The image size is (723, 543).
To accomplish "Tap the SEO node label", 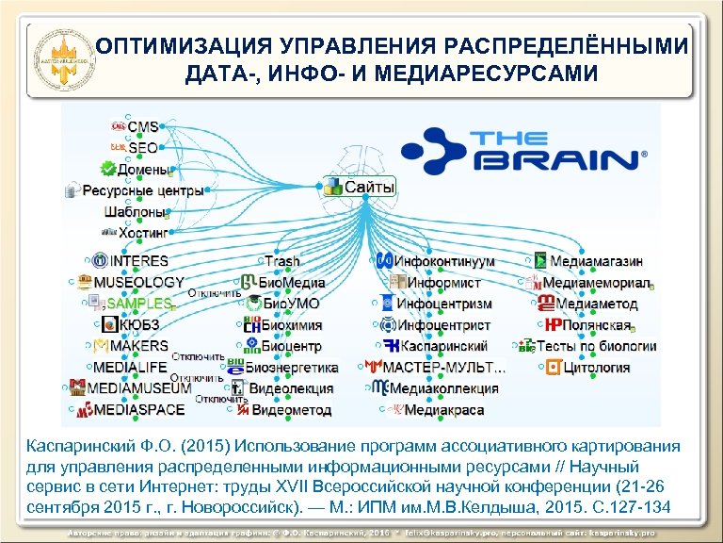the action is pos(143,148).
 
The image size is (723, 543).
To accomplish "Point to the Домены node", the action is pos(147,170).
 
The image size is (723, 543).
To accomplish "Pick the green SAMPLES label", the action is pos(139,304).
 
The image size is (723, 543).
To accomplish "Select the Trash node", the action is pos(282,261).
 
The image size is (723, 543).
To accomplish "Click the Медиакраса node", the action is pos(444,410).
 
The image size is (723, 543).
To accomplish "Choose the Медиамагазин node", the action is pos(597,261).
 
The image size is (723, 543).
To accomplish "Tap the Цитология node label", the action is pos(597,368).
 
